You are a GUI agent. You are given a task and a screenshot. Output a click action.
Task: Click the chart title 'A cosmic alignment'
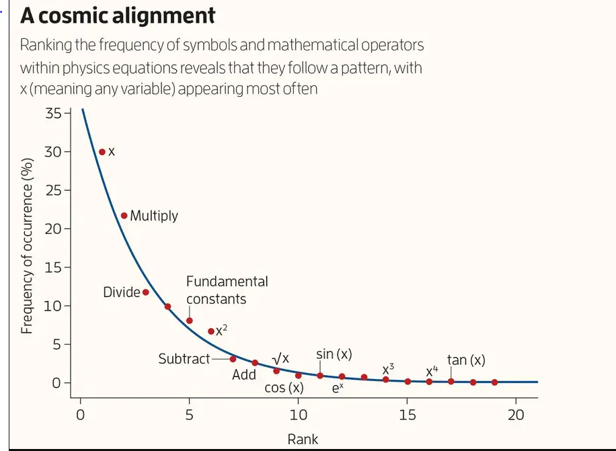point(118,15)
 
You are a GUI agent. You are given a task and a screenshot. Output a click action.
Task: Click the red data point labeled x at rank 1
point(102,152)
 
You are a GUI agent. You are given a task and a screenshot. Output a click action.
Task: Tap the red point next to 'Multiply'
point(124,216)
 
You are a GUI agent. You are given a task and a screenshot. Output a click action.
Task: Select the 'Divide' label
point(122,292)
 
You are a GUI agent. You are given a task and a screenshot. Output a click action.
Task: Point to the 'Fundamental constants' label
point(227,290)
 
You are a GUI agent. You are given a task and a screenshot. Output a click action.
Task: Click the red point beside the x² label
point(211,331)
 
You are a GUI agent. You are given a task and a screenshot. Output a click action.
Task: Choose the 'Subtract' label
point(184,359)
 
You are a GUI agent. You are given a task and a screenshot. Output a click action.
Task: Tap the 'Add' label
point(244,375)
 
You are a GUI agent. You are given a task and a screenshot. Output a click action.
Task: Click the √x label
point(280,358)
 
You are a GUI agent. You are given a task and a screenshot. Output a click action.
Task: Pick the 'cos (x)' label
point(284,388)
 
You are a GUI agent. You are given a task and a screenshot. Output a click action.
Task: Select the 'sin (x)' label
point(334,354)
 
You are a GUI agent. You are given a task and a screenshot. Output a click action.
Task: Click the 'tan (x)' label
point(466,360)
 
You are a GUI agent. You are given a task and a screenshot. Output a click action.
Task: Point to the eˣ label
point(338,388)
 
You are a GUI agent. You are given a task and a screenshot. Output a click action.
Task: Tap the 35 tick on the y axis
point(53,113)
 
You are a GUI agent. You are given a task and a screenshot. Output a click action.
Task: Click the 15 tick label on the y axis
point(53,268)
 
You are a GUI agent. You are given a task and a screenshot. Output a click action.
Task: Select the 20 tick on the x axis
point(516,415)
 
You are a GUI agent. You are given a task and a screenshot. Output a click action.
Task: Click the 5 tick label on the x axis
point(190,415)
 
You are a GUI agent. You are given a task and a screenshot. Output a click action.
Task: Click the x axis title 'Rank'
point(303,440)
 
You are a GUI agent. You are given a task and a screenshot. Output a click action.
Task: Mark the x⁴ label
point(432,370)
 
